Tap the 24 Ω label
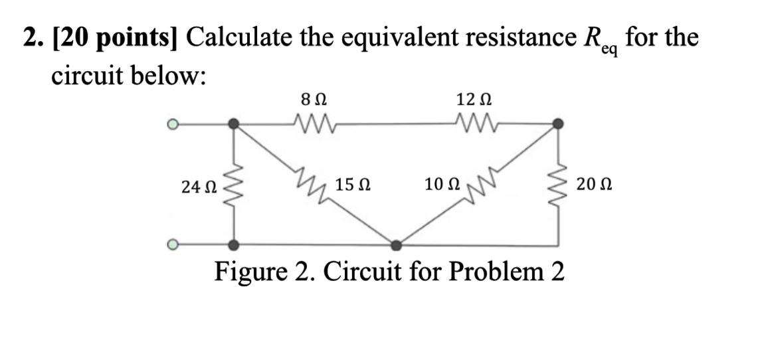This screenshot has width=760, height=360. pos(197,187)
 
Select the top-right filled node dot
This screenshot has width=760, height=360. pos(559,124)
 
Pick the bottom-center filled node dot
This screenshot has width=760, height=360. pos(397,246)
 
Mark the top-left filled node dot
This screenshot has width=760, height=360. pos(233,124)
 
